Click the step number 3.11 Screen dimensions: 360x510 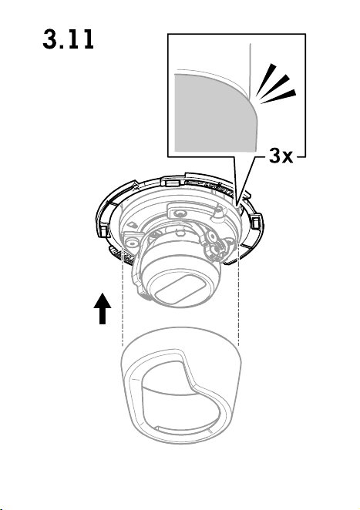click(68, 39)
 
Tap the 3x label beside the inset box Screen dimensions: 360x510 click(281, 156)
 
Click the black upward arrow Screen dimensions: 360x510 click(103, 308)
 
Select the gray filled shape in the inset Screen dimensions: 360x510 click(216, 113)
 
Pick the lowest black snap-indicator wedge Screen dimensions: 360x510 click(279, 97)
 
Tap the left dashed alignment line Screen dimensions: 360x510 click(123, 297)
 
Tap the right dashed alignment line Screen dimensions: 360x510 click(239, 295)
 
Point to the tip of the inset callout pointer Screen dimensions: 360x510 click(237, 206)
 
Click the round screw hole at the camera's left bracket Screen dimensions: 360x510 click(131, 242)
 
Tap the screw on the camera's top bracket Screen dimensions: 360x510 click(178, 213)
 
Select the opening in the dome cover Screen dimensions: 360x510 click(181, 398)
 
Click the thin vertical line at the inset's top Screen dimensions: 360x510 click(250, 71)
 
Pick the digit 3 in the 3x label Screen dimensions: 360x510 click(275, 156)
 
